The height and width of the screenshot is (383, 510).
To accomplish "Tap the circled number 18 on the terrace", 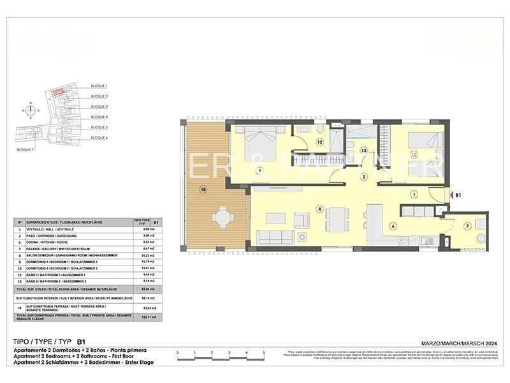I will coord(203,189).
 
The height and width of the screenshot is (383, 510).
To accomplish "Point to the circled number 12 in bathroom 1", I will coord(319,142).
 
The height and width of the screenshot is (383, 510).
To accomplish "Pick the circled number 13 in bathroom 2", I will coord(363,150).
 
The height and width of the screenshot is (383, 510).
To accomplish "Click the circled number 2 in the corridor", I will coord(363,177).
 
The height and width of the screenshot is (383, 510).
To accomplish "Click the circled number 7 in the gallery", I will coord(467,225).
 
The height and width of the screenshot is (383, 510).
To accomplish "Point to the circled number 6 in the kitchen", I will coord(393,225).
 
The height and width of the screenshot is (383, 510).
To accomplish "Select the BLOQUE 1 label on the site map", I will coord(99,86).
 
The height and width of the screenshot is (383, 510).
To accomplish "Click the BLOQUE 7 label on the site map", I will coord(25,148).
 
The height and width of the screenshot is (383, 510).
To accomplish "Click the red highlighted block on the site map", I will coord(58,93).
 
